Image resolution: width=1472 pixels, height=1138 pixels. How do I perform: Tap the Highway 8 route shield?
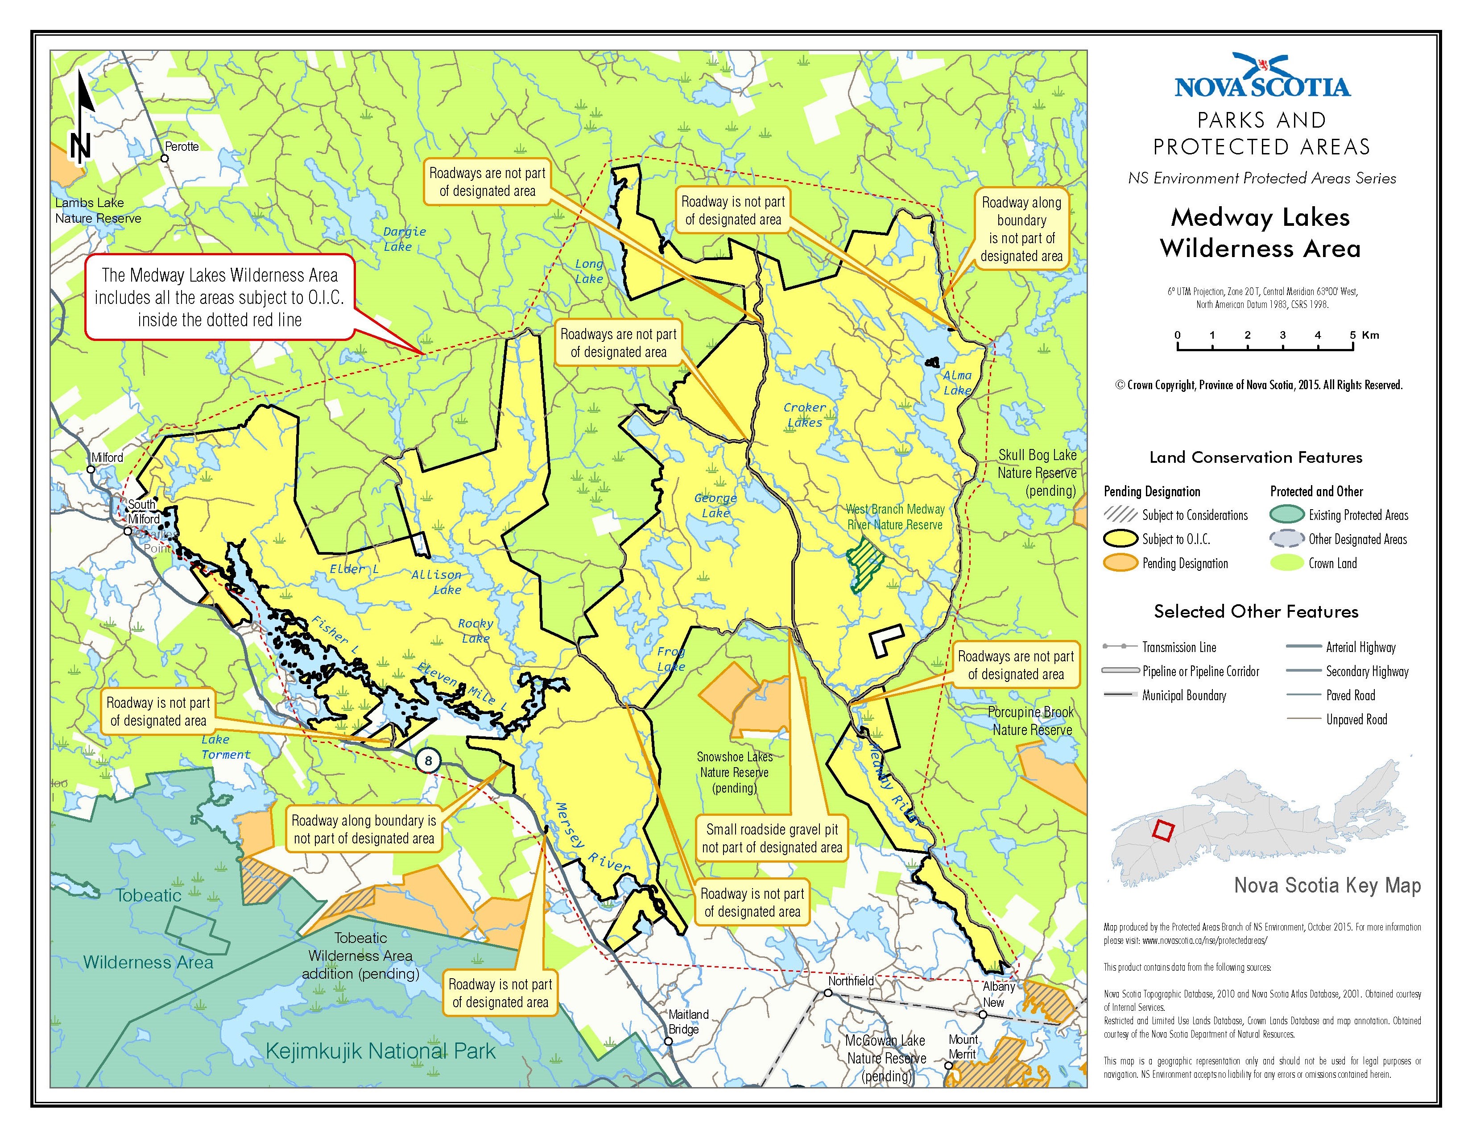pos(428,760)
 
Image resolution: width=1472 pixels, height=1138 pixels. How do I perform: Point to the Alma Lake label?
pos(957,382)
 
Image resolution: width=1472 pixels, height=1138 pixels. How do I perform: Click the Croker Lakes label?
pos(804,415)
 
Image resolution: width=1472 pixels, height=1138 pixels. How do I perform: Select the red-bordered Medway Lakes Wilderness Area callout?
pos(220,297)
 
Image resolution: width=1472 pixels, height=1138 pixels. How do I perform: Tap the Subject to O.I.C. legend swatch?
pos(1120,539)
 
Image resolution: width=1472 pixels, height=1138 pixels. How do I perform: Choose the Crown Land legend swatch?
pos(1286,563)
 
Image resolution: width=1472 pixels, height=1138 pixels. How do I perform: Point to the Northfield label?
pos(851,981)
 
